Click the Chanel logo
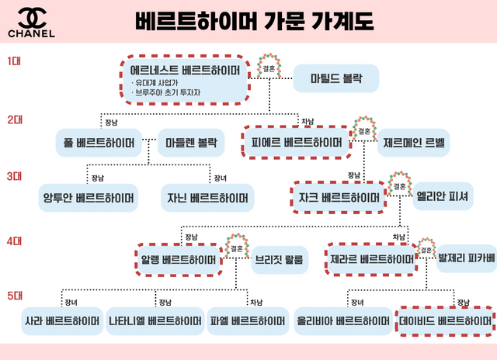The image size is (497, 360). tap(31, 23)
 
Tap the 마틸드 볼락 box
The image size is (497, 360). tap(335, 78)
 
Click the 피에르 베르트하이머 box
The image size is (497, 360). tap(297, 143)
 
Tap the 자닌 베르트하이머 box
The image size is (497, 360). tap(207, 197)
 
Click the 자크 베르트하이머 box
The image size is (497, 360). tap(339, 197)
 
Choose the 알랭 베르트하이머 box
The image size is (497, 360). tap(177, 259)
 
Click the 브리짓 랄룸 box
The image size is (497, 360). tap(277, 259)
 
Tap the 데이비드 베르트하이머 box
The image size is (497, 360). tap(445, 320)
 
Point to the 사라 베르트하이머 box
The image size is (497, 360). tap(61, 320)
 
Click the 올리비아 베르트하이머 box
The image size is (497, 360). tap(343, 320)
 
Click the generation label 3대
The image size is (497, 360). tap(15, 176)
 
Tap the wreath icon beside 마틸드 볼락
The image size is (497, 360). tap(269, 67)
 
